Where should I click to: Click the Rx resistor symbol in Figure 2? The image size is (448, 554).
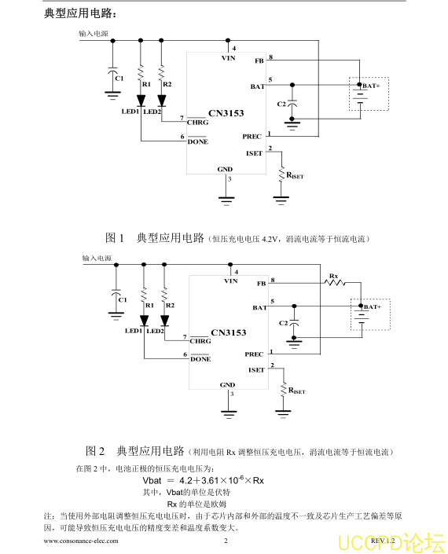pyautogui.click(x=335, y=282)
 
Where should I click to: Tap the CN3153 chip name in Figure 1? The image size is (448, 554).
pyautogui.click(x=226, y=113)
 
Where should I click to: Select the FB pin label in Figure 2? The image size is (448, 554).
pyautogui.click(x=262, y=284)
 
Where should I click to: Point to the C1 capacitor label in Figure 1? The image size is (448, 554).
pyautogui.click(x=119, y=78)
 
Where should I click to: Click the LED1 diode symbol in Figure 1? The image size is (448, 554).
pyautogui.click(x=141, y=101)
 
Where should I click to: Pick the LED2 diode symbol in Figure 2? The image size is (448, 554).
pyautogui.click(x=164, y=321)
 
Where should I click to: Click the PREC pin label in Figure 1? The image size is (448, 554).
pyautogui.click(x=252, y=137)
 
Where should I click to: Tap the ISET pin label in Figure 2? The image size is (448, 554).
pyautogui.click(x=256, y=370)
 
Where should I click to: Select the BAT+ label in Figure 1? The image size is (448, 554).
pyautogui.click(x=371, y=86)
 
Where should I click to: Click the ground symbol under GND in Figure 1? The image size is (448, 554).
pyautogui.click(x=226, y=200)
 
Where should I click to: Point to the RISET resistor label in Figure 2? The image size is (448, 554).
pyautogui.click(x=297, y=391)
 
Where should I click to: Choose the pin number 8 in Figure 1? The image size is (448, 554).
pyautogui.click(x=271, y=57)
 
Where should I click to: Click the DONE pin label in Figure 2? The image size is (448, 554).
pyautogui.click(x=200, y=359)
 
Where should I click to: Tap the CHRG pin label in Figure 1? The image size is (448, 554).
pyautogui.click(x=197, y=123)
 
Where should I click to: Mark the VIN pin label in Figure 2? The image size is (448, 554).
pyautogui.click(x=231, y=281)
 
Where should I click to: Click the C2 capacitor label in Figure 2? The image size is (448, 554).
pyautogui.click(x=284, y=323)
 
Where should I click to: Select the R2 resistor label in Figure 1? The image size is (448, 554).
pyautogui.click(x=167, y=84)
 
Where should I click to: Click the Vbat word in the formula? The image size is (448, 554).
pyautogui.click(x=152, y=480)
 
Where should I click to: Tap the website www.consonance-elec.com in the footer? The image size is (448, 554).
pyautogui.click(x=81, y=541)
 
